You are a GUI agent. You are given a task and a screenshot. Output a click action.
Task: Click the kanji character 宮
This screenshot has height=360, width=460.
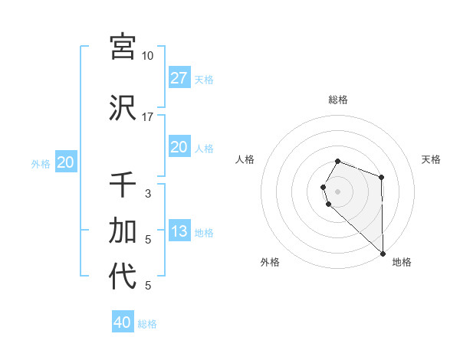click(123, 46)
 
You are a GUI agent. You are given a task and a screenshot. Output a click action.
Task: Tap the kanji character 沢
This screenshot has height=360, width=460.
click(123, 107)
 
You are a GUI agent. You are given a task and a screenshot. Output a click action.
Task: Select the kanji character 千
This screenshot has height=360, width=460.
click(123, 185)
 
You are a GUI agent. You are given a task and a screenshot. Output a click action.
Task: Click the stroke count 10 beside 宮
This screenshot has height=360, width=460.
click(147, 56)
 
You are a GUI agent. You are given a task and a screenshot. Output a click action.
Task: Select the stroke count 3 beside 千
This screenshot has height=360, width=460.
click(147, 194)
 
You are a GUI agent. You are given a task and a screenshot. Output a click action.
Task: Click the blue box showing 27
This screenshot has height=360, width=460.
click(179, 78)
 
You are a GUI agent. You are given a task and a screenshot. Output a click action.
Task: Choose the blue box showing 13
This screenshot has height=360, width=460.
click(179, 231)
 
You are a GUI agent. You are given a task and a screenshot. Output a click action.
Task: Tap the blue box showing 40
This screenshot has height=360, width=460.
click(123, 322)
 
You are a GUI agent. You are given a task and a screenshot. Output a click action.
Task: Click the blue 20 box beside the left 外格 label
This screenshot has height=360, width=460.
click(65, 162)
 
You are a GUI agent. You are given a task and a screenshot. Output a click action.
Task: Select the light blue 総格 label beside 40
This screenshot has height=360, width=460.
click(147, 324)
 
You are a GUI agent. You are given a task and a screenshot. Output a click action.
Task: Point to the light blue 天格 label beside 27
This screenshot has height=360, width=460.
click(204, 79)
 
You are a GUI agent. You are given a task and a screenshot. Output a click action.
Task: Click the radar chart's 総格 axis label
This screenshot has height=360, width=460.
click(338, 100)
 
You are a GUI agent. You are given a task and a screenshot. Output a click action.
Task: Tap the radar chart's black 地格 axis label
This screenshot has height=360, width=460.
click(402, 262)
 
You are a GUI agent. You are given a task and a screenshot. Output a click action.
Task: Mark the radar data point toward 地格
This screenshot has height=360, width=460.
click(382, 252)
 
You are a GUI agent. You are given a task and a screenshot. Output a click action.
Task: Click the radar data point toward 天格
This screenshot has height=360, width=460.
click(381, 178)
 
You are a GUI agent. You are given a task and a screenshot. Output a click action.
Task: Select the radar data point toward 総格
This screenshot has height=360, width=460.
click(338, 161)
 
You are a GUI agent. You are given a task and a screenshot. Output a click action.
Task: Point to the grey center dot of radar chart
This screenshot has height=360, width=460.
click(338, 190)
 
